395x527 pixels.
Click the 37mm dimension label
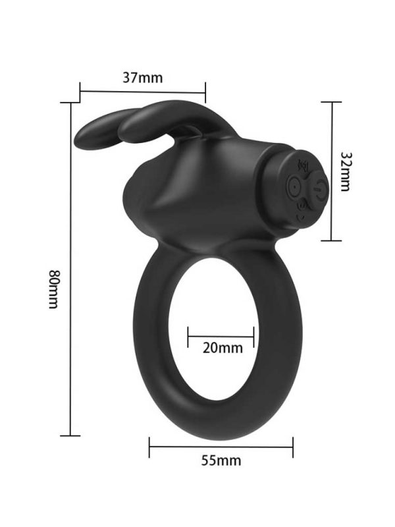[142, 77]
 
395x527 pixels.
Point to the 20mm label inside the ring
[222, 348]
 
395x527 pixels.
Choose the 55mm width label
[221, 460]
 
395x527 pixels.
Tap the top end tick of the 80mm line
[70, 103]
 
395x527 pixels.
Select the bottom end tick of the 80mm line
[70, 435]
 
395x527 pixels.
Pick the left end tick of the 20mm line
[188, 335]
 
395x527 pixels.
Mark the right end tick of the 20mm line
[253, 335]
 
